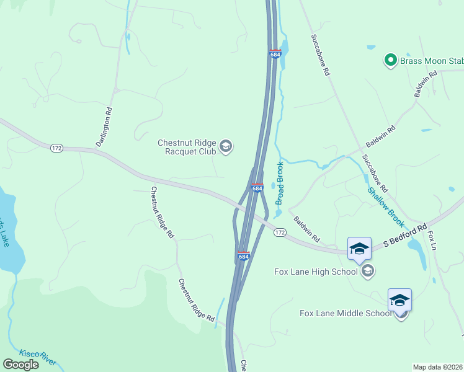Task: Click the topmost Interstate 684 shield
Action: [275, 54]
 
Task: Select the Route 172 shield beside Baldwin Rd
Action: [280, 232]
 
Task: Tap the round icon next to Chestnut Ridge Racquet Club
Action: [226, 146]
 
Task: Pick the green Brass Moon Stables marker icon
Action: [391, 60]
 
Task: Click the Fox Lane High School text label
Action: [316, 271]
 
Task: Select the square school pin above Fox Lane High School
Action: [359, 249]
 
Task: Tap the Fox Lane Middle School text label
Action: [346, 313]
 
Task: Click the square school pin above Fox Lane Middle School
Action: [399, 300]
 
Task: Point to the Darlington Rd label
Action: [104, 127]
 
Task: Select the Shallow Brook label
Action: [386, 206]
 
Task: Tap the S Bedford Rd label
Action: [405, 236]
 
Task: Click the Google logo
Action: [21, 365]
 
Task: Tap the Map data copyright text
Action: [438, 367]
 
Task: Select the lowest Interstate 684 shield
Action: [244, 255]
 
